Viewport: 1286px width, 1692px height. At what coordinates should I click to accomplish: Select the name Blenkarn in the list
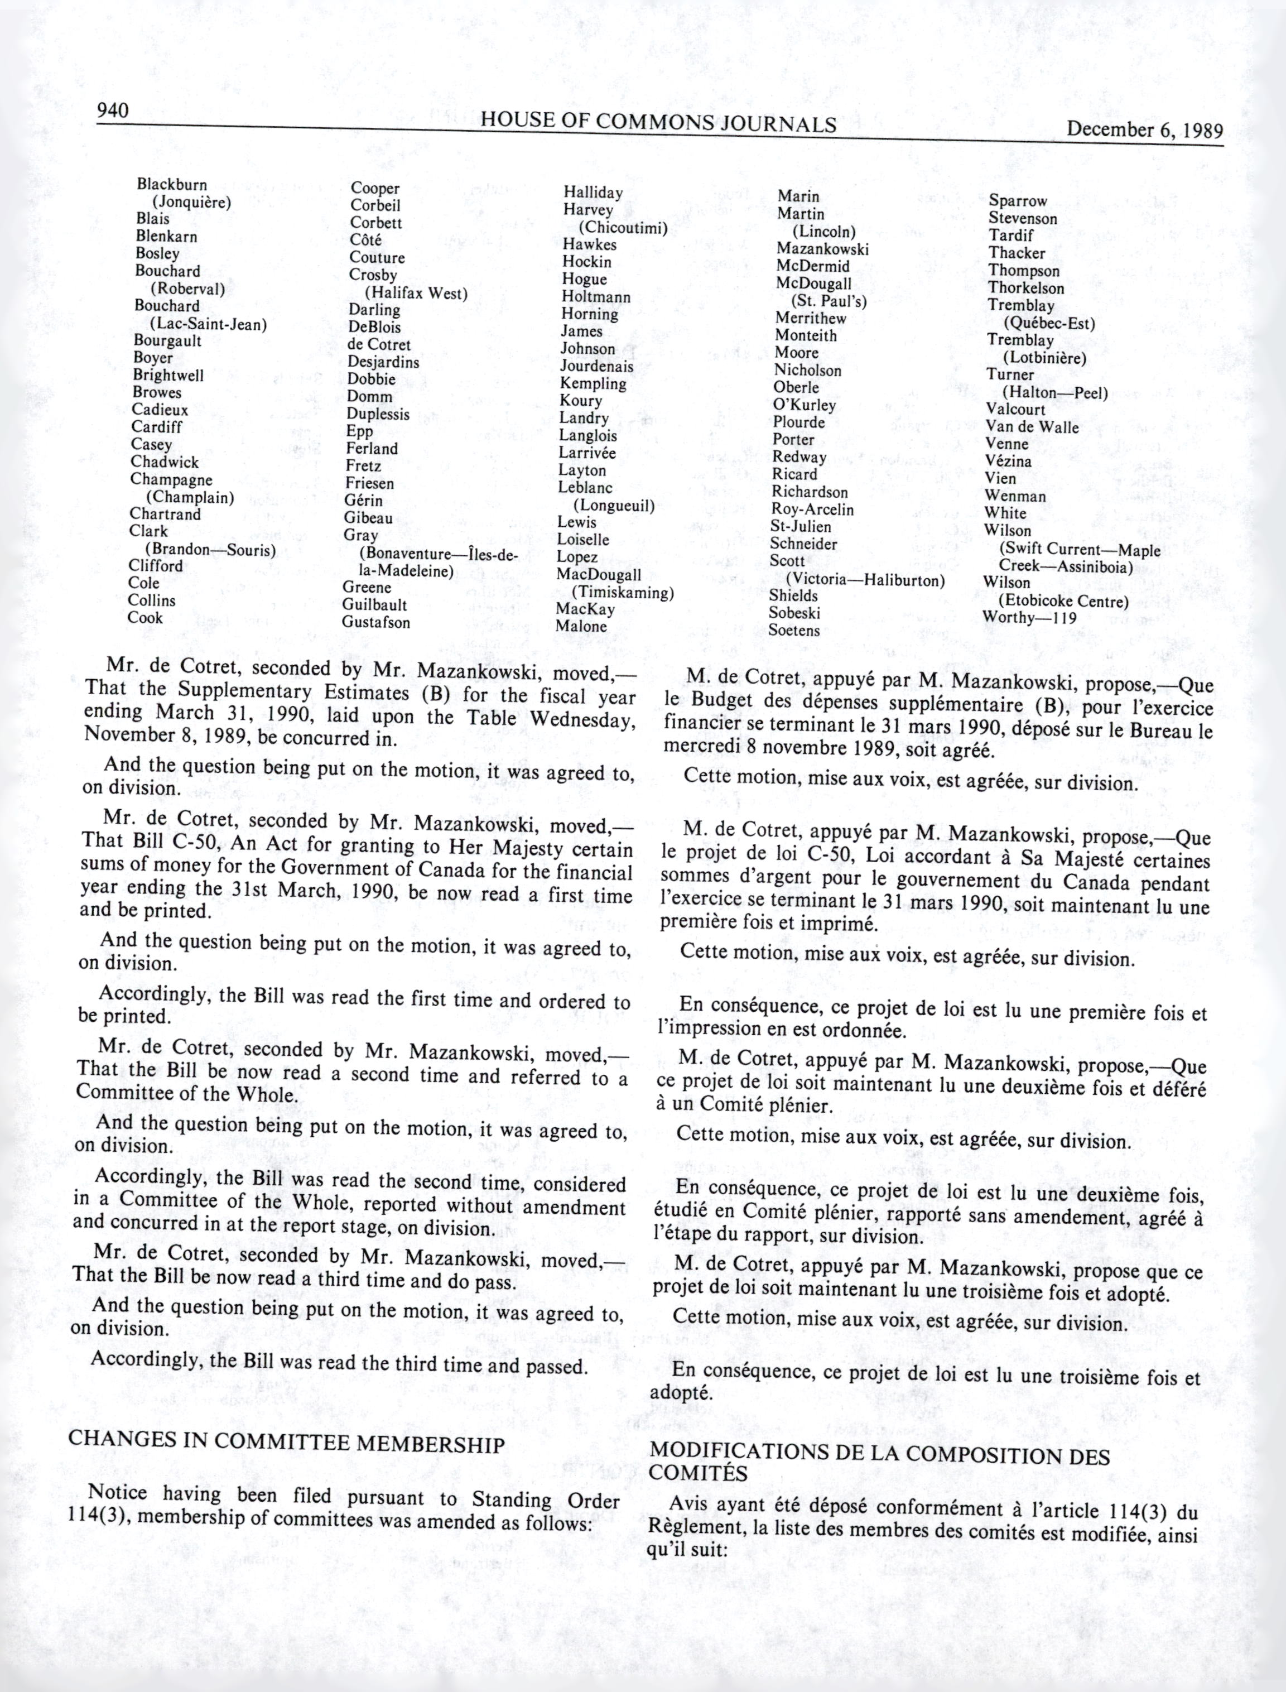[166, 237]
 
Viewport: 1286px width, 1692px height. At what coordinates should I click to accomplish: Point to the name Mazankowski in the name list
[822, 249]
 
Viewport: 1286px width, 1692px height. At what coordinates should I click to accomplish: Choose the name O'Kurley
[804, 405]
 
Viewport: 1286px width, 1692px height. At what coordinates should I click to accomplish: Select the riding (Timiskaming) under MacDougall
[622, 593]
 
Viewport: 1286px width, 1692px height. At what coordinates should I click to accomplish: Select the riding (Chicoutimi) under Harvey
[623, 228]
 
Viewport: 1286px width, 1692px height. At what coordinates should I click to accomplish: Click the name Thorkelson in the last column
[1026, 288]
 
